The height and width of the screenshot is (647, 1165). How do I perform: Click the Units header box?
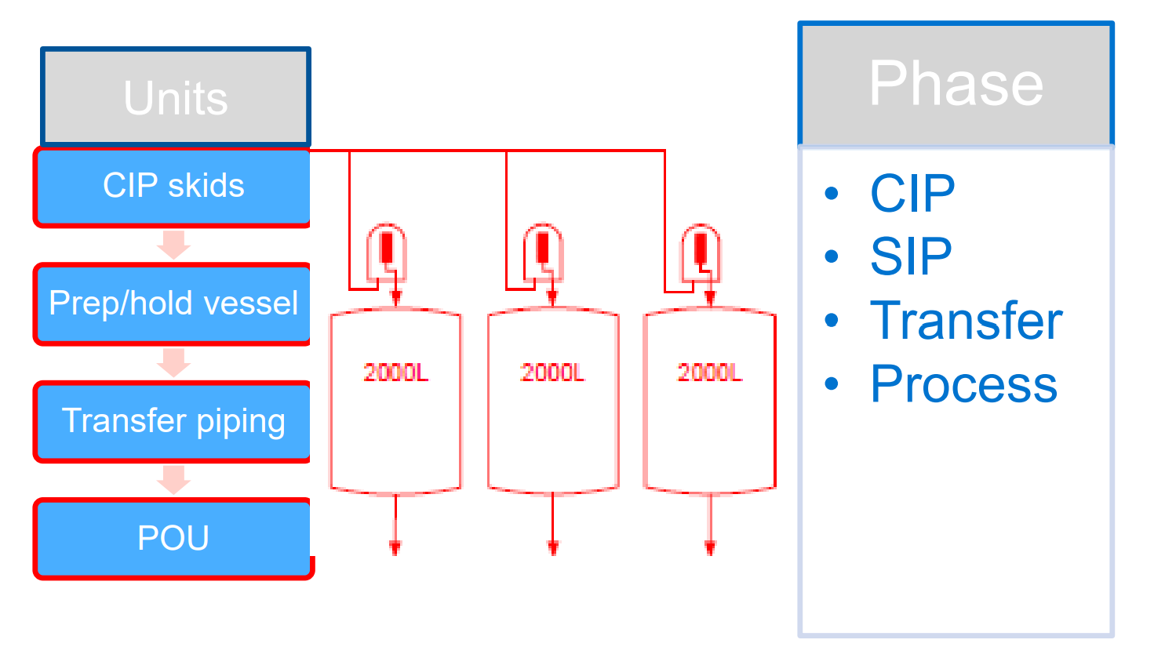click(x=176, y=97)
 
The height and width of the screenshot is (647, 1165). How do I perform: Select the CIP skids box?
click(x=173, y=187)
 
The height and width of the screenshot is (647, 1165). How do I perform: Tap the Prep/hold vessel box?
click(x=173, y=304)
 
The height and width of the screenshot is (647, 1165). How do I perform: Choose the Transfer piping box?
click(x=173, y=421)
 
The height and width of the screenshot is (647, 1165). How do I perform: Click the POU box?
click(x=173, y=539)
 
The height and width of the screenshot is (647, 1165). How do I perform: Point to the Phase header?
click(x=956, y=84)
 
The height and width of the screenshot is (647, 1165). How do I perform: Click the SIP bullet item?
click(x=910, y=256)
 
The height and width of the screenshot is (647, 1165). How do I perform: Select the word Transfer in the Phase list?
click(x=966, y=321)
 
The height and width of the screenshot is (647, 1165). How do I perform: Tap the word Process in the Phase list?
click(x=963, y=384)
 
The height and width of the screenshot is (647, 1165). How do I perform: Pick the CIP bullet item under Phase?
click(x=912, y=193)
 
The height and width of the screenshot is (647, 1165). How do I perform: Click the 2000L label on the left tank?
click(x=395, y=373)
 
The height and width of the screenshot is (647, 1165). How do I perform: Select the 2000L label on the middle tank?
click(x=552, y=373)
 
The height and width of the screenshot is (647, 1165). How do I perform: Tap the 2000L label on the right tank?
click(x=709, y=373)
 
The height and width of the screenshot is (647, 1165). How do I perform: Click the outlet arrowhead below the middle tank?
click(x=553, y=547)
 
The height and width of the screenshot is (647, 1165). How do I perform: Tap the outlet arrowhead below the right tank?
click(x=710, y=547)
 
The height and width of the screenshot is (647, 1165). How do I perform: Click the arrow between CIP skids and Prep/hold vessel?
click(x=173, y=245)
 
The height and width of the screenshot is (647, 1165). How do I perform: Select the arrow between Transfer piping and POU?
click(x=173, y=479)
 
